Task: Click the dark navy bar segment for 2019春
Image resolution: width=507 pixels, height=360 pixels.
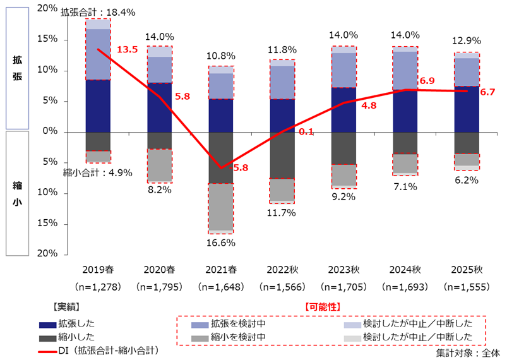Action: [98, 106]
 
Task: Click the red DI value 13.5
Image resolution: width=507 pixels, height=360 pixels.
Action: [128, 49]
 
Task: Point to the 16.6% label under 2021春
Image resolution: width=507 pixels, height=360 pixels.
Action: [221, 243]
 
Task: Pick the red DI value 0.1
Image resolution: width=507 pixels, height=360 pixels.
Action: [307, 132]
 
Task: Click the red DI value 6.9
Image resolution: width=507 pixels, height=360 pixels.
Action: [427, 81]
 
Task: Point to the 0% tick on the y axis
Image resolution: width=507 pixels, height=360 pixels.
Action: [49, 132]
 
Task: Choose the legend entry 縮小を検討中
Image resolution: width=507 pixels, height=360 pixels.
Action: [236, 337]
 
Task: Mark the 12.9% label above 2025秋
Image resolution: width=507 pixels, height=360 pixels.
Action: [467, 40]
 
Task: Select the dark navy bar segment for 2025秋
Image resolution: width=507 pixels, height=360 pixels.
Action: [467, 109]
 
